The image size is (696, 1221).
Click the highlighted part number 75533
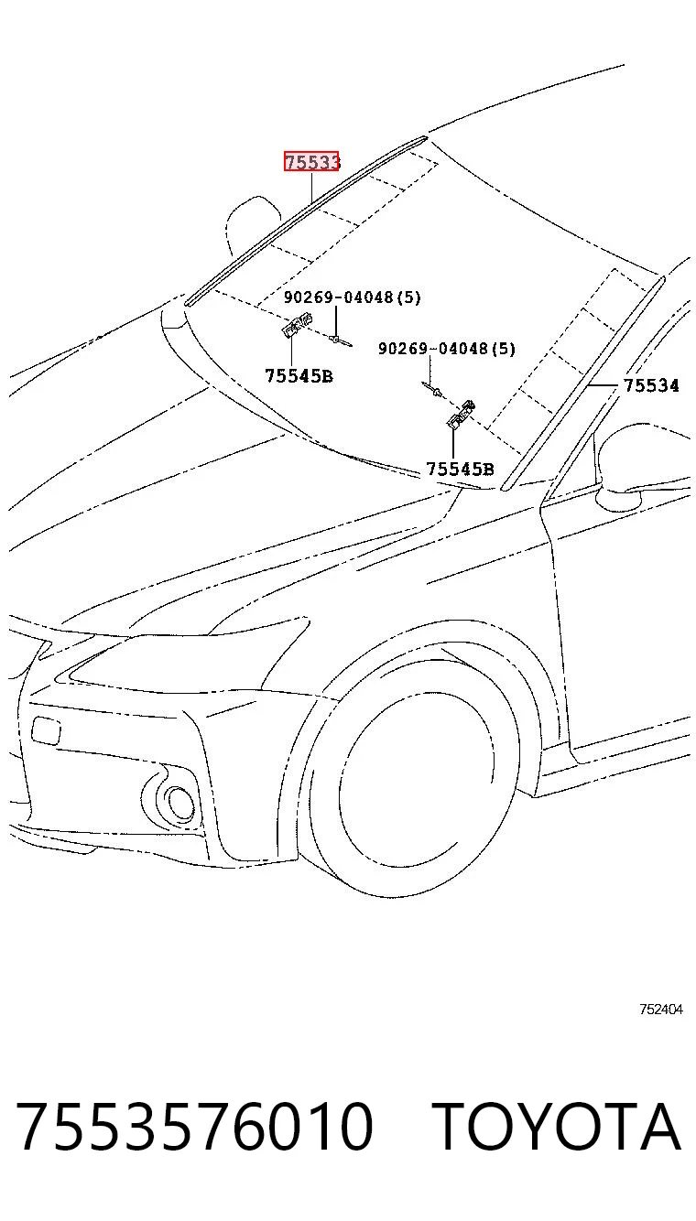coord(311,161)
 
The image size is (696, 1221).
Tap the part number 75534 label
coord(651,385)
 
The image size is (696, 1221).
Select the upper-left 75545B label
coord(299,375)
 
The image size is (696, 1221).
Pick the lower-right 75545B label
coord(460,469)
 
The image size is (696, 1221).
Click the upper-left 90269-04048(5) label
coord(352,297)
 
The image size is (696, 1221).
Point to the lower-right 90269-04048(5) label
coord(447,348)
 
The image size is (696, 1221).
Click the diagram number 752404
coord(661,1009)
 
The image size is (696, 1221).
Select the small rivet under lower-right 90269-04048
coord(432,388)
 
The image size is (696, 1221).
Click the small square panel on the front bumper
coord(47,729)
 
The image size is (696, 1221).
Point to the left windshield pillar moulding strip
coord(306,221)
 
